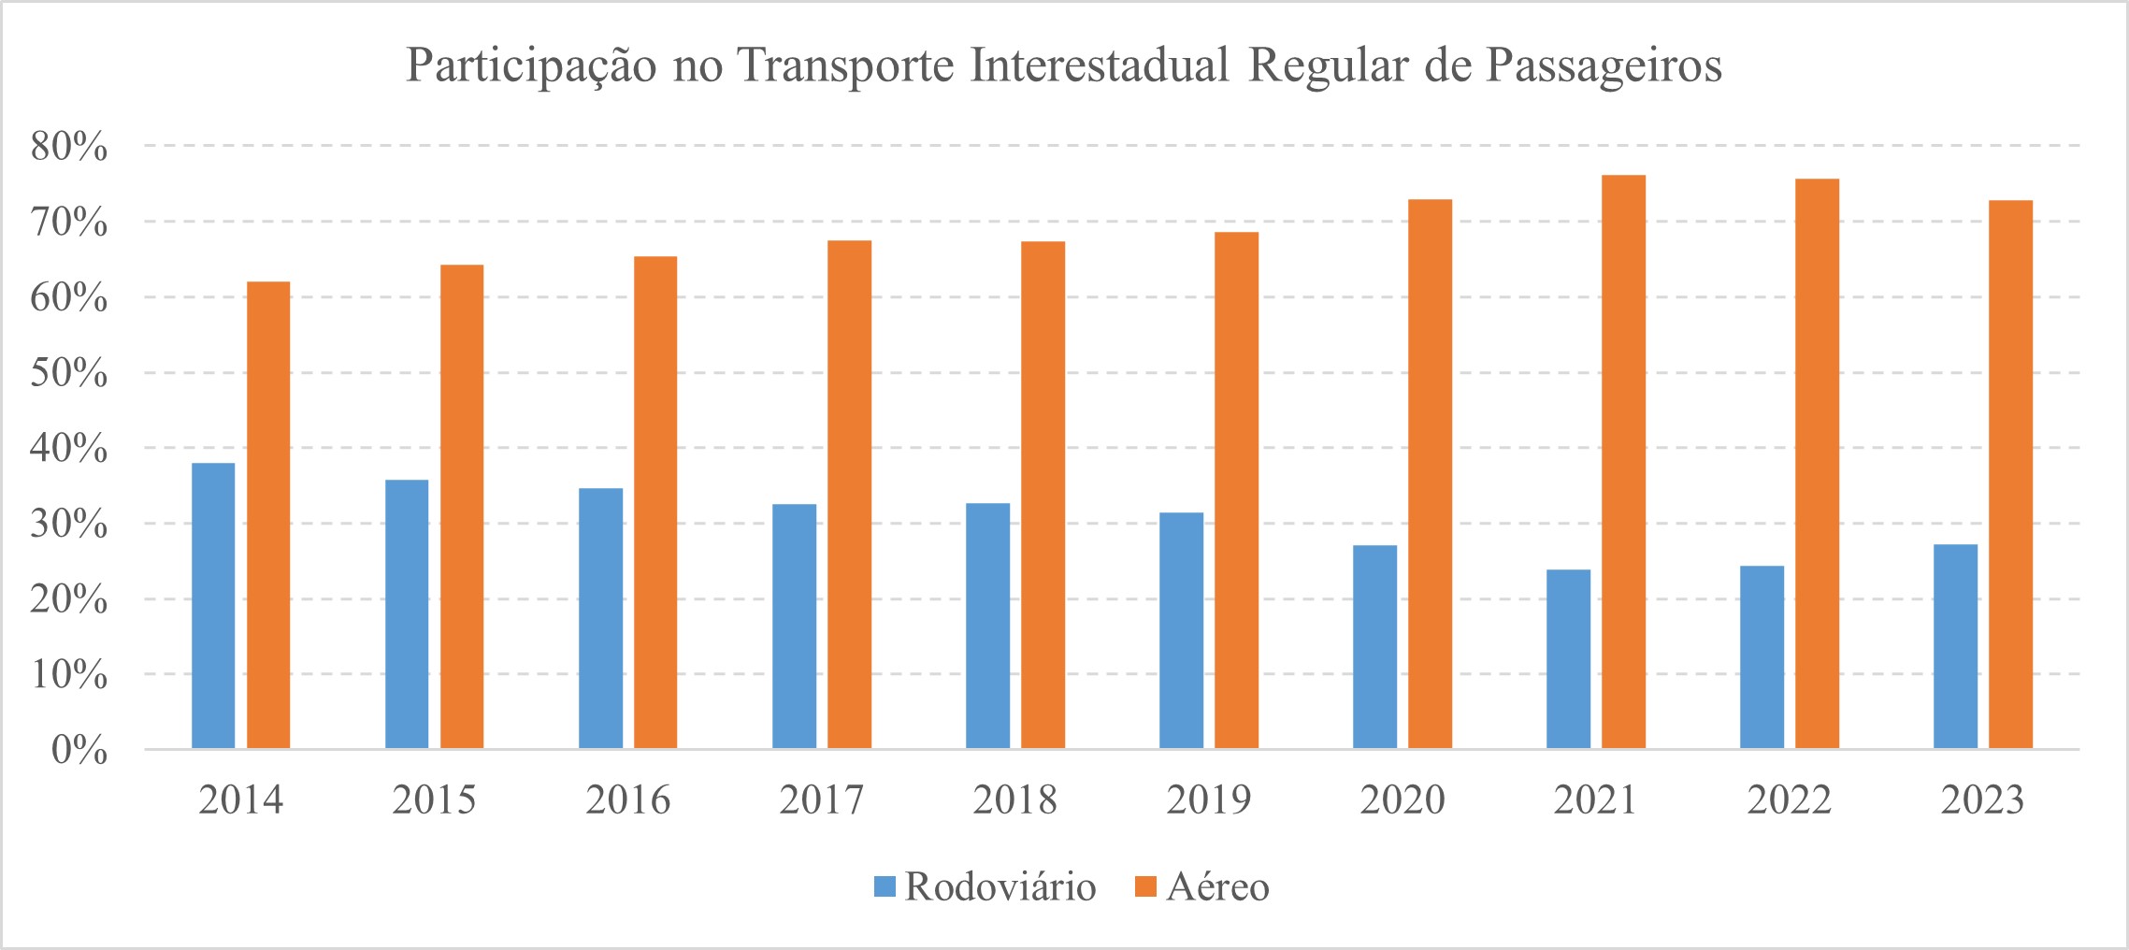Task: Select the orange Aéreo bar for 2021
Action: coord(1623,462)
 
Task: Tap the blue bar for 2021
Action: coord(1568,659)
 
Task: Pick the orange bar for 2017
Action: coord(849,495)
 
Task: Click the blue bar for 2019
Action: coord(1181,630)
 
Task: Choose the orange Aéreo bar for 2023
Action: coord(2010,474)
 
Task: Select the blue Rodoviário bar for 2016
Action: coord(600,618)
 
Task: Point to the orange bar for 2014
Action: coord(268,515)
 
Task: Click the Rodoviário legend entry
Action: coord(985,886)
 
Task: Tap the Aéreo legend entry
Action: coord(1203,886)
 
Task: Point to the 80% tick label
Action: coord(68,147)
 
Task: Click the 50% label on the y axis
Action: coord(68,373)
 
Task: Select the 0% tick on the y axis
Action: coord(79,750)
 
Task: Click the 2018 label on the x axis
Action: coord(1014,800)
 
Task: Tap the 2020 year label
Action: coord(1402,800)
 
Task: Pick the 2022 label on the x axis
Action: coord(1789,800)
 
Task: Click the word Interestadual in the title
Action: coord(1099,65)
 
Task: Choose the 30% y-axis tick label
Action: coord(68,525)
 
